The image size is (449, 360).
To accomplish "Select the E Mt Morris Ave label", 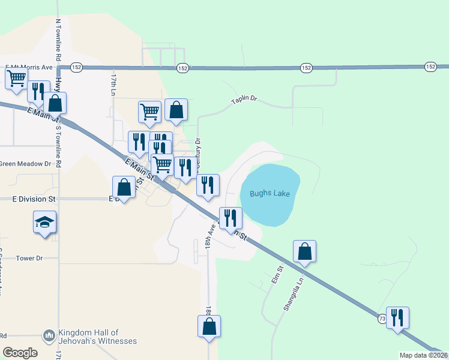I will coord(29,67).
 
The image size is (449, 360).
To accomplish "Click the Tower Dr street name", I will coord(31,258).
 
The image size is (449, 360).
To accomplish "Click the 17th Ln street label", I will coord(112,86).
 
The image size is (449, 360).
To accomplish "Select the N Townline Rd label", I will coord(58,40).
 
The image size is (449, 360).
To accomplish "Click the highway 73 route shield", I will coord(382,320).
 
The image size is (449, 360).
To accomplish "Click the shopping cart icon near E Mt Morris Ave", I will coord(17,77).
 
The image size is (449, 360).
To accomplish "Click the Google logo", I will coord(20,352).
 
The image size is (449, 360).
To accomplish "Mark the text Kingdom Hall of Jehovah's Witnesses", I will coord(97,337).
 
